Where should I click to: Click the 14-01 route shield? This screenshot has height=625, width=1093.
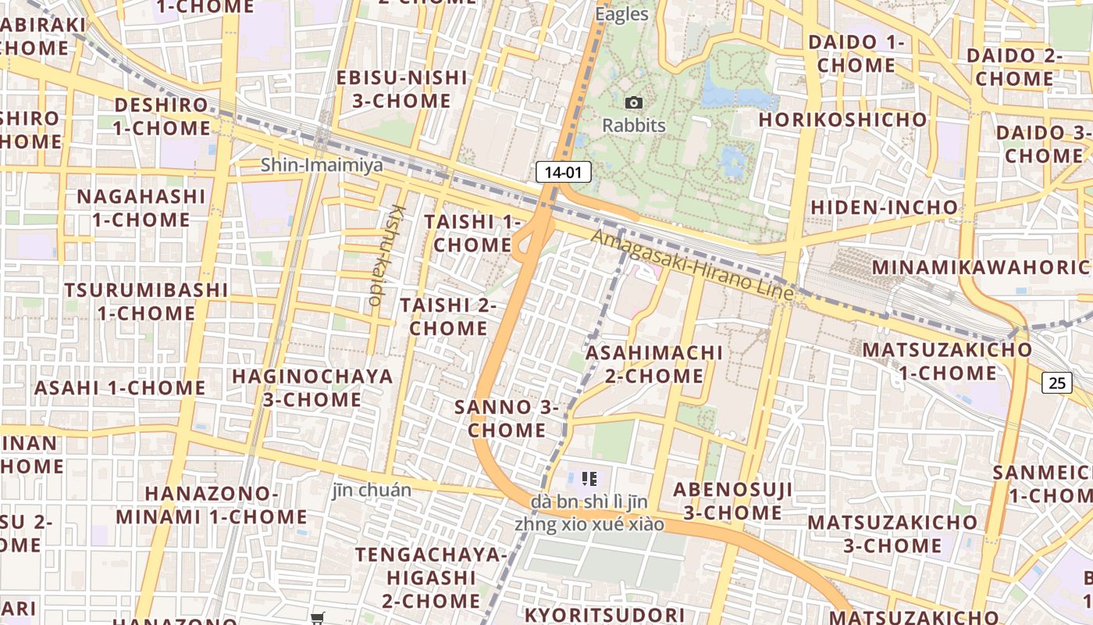[563, 172]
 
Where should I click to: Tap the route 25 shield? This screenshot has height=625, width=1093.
[1056, 382]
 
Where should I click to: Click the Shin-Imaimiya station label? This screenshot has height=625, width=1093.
[322, 165]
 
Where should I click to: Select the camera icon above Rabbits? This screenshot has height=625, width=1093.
[634, 102]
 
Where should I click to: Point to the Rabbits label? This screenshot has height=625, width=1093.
[634, 125]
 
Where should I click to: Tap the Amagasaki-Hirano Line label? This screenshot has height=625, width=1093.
[692, 265]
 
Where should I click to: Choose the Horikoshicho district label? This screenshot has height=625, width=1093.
[842, 120]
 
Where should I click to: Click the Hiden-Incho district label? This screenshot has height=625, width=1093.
[884, 207]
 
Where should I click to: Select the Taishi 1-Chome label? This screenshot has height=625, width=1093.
[472, 233]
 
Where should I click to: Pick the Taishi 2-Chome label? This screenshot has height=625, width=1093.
[448, 316]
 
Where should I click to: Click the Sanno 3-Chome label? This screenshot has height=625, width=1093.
[507, 418]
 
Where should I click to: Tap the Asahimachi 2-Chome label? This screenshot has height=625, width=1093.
[654, 364]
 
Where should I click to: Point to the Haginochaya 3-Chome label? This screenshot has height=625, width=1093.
[312, 387]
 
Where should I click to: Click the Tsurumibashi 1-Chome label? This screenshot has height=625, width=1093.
[146, 302]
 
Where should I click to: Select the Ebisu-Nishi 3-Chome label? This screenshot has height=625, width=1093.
[402, 89]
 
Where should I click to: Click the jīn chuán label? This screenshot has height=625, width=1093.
[372, 491]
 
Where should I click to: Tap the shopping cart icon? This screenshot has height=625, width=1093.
[317, 619]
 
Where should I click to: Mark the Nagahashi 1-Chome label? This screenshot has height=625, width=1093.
[141, 208]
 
